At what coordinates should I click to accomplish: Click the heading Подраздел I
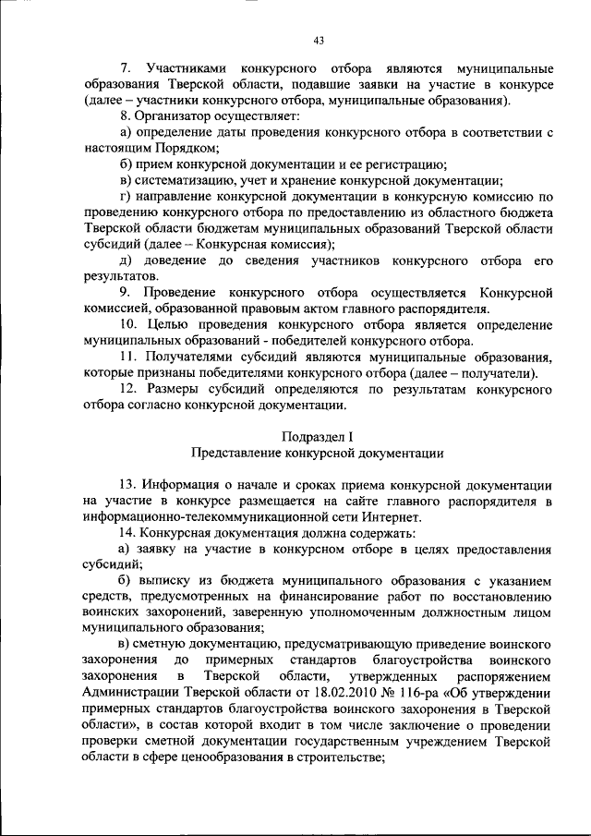click(317, 436)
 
